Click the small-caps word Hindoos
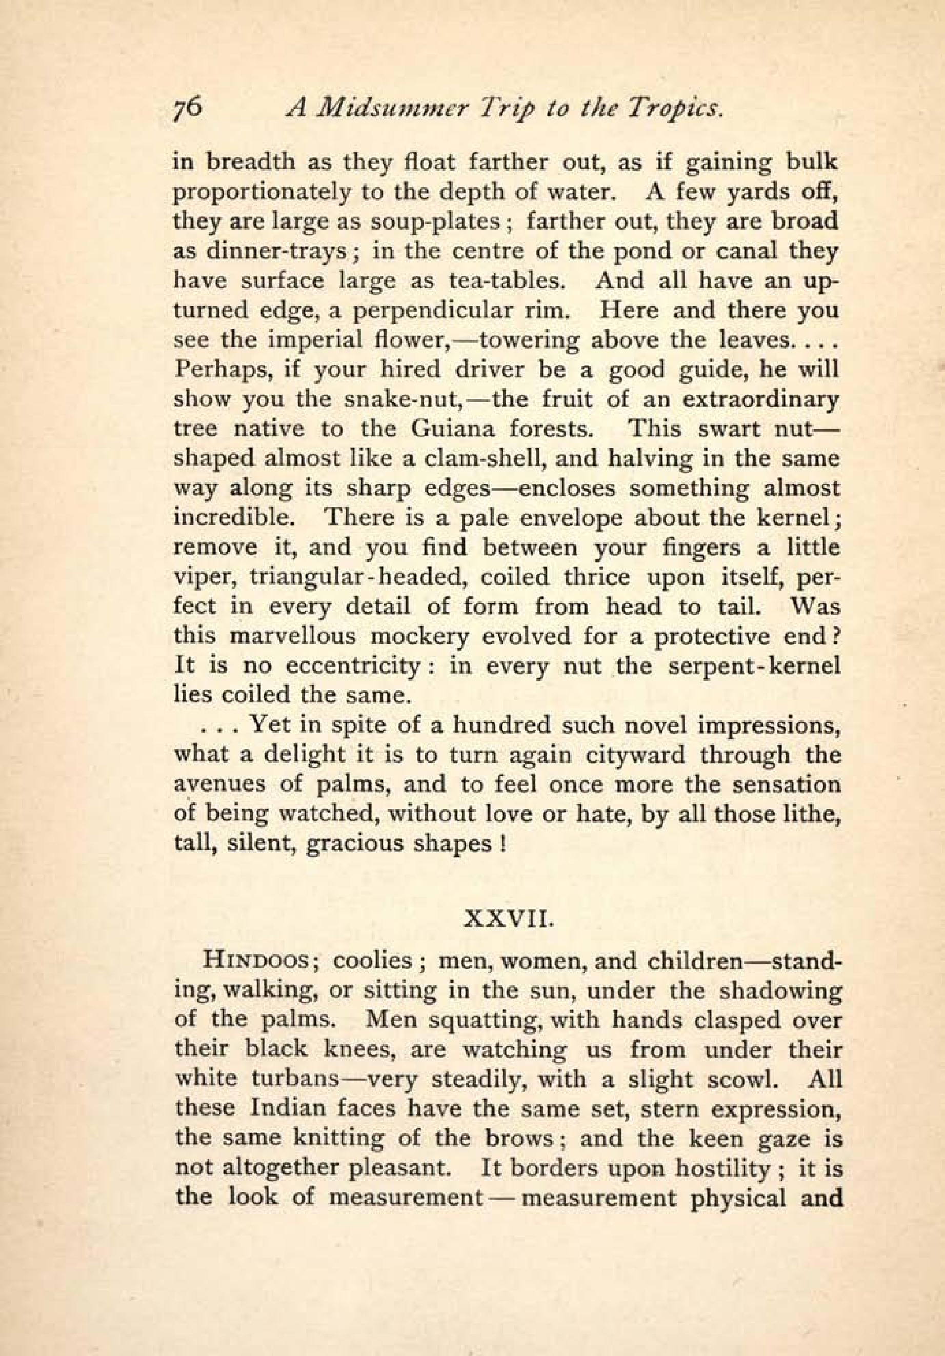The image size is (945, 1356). [x=256, y=962]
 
